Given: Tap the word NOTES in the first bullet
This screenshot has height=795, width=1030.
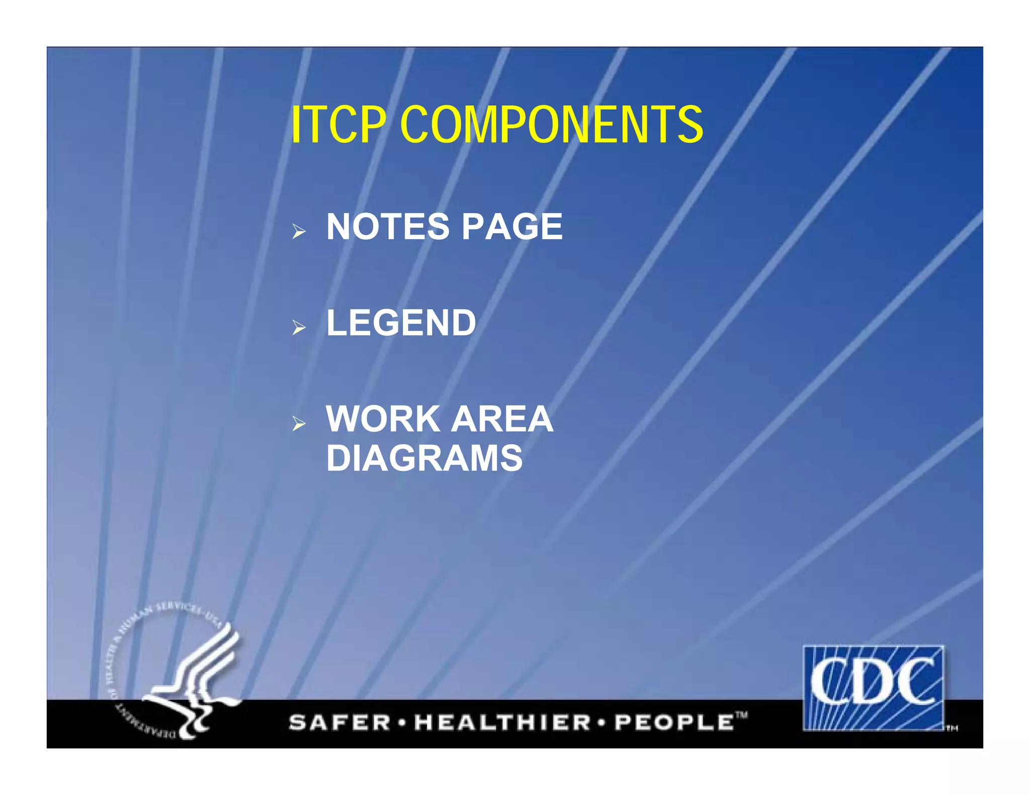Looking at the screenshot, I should coord(388,227).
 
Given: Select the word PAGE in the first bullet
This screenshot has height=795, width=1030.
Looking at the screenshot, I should coord(512,227).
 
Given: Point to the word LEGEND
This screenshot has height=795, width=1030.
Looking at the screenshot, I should coord(401,323).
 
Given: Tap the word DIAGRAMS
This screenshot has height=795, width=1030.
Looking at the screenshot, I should coord(424,458).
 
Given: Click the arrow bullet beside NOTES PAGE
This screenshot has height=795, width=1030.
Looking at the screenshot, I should coord(299,232).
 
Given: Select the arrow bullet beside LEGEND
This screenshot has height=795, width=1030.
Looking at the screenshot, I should coord(299,328).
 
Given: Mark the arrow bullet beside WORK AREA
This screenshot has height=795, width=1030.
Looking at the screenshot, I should coord(299,424).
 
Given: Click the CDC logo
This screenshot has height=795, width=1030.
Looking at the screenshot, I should coord(873,687).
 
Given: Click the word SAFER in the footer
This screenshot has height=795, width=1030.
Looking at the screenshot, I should coord(339,723).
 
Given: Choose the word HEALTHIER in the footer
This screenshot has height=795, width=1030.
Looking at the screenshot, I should coord(501,723).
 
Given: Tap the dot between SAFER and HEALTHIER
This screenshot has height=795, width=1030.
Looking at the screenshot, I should coord(402,723).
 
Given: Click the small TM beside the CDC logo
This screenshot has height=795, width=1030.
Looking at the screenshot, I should coord(952,728).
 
